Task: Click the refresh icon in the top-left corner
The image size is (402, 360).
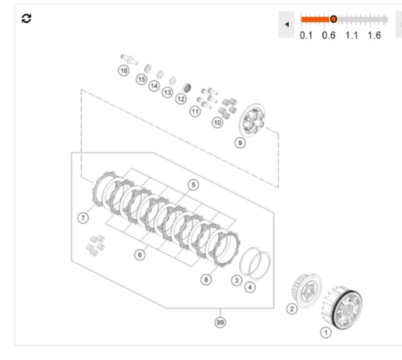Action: tap(26, 19)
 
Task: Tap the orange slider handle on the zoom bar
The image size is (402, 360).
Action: tap(333, 19)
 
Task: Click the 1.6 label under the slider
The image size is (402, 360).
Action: tap(374, 35)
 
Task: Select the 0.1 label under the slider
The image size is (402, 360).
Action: tap(306, 35)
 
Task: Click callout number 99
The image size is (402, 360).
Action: tap(220, 322)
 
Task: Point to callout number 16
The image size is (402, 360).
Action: tap(124, 70)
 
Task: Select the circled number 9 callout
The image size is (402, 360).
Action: tap(240, 142)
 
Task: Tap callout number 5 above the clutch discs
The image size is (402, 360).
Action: tap(193, 185)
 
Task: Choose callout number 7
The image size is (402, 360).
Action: tap(83, 218)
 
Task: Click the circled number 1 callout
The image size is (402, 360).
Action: tap(326, 333)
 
